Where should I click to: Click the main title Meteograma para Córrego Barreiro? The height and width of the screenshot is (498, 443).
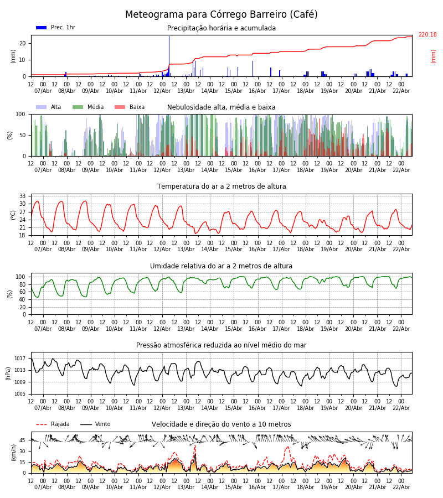(221, 14)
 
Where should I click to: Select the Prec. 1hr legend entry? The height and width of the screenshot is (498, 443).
(55, 28)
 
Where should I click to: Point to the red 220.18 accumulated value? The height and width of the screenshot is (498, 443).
(427, 35)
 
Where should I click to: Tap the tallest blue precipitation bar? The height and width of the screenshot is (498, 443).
(169, 55)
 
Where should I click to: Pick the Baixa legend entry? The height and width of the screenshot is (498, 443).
(130, 107)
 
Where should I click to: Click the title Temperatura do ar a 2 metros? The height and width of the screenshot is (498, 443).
(221, 186)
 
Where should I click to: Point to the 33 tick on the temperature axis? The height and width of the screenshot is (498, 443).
(23, 196)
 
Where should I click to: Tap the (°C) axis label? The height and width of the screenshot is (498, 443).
(13, 214)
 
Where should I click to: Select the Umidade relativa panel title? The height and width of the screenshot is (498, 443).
(221, 266)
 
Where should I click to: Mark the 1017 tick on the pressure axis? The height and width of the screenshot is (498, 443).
(20, 359)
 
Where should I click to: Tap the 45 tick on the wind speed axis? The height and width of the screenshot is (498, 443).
(23, 440)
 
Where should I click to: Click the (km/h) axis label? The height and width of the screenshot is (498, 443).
(13, 452)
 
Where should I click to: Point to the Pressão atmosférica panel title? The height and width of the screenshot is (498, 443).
(221, 345)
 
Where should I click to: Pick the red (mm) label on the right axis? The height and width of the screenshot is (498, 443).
(434, 56)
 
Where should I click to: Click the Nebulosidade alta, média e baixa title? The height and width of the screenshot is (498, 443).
(221, 107)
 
